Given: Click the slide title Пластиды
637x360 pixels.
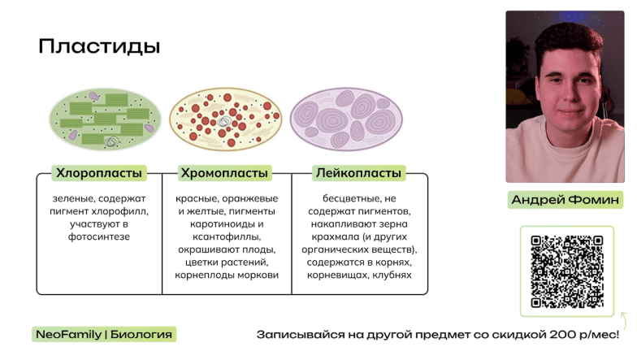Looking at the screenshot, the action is coord(99,46).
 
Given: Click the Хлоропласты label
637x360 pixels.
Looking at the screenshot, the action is coord(98,173).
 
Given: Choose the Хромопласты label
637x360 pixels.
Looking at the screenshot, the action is coord(223,173).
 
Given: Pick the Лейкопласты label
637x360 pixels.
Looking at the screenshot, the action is coord(357,173).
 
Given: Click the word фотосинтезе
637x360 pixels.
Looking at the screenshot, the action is coord(99,236).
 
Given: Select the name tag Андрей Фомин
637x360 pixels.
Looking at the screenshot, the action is coord(566,200).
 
